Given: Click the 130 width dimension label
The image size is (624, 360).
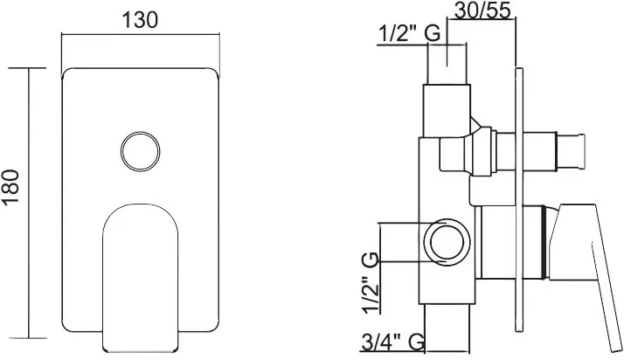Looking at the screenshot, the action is click(x=140, y=20).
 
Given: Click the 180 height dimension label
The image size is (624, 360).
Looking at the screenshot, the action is click(x=10, y=187).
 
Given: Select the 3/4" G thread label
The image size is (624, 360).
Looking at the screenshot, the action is click(x=392, y=342).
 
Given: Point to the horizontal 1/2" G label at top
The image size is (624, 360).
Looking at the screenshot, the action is click(x=409, y=33).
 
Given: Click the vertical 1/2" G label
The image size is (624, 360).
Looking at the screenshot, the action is click(x=371, y=282).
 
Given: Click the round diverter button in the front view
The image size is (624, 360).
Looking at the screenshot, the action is click(x=141, y=151).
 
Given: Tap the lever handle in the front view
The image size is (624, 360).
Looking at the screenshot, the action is click(x=140, y=278).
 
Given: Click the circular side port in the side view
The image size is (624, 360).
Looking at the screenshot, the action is click(x=447, y=241).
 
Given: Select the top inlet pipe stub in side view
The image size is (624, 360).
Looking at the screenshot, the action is click(x=447, y=65).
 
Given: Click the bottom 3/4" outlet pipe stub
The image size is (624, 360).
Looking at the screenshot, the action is click(x=447, y=329).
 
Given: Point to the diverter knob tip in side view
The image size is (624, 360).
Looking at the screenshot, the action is click(x=571, y=151).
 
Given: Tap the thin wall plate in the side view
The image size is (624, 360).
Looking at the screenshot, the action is click(x=518, y=199).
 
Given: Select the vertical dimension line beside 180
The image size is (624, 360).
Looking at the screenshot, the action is click(x=28, y=203).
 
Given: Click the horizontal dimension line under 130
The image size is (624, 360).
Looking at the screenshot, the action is click(x=140, y=34).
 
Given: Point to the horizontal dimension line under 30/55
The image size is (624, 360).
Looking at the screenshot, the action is click(x=482, y=17).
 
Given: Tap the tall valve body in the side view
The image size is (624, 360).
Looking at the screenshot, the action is click(x=447, y=195).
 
